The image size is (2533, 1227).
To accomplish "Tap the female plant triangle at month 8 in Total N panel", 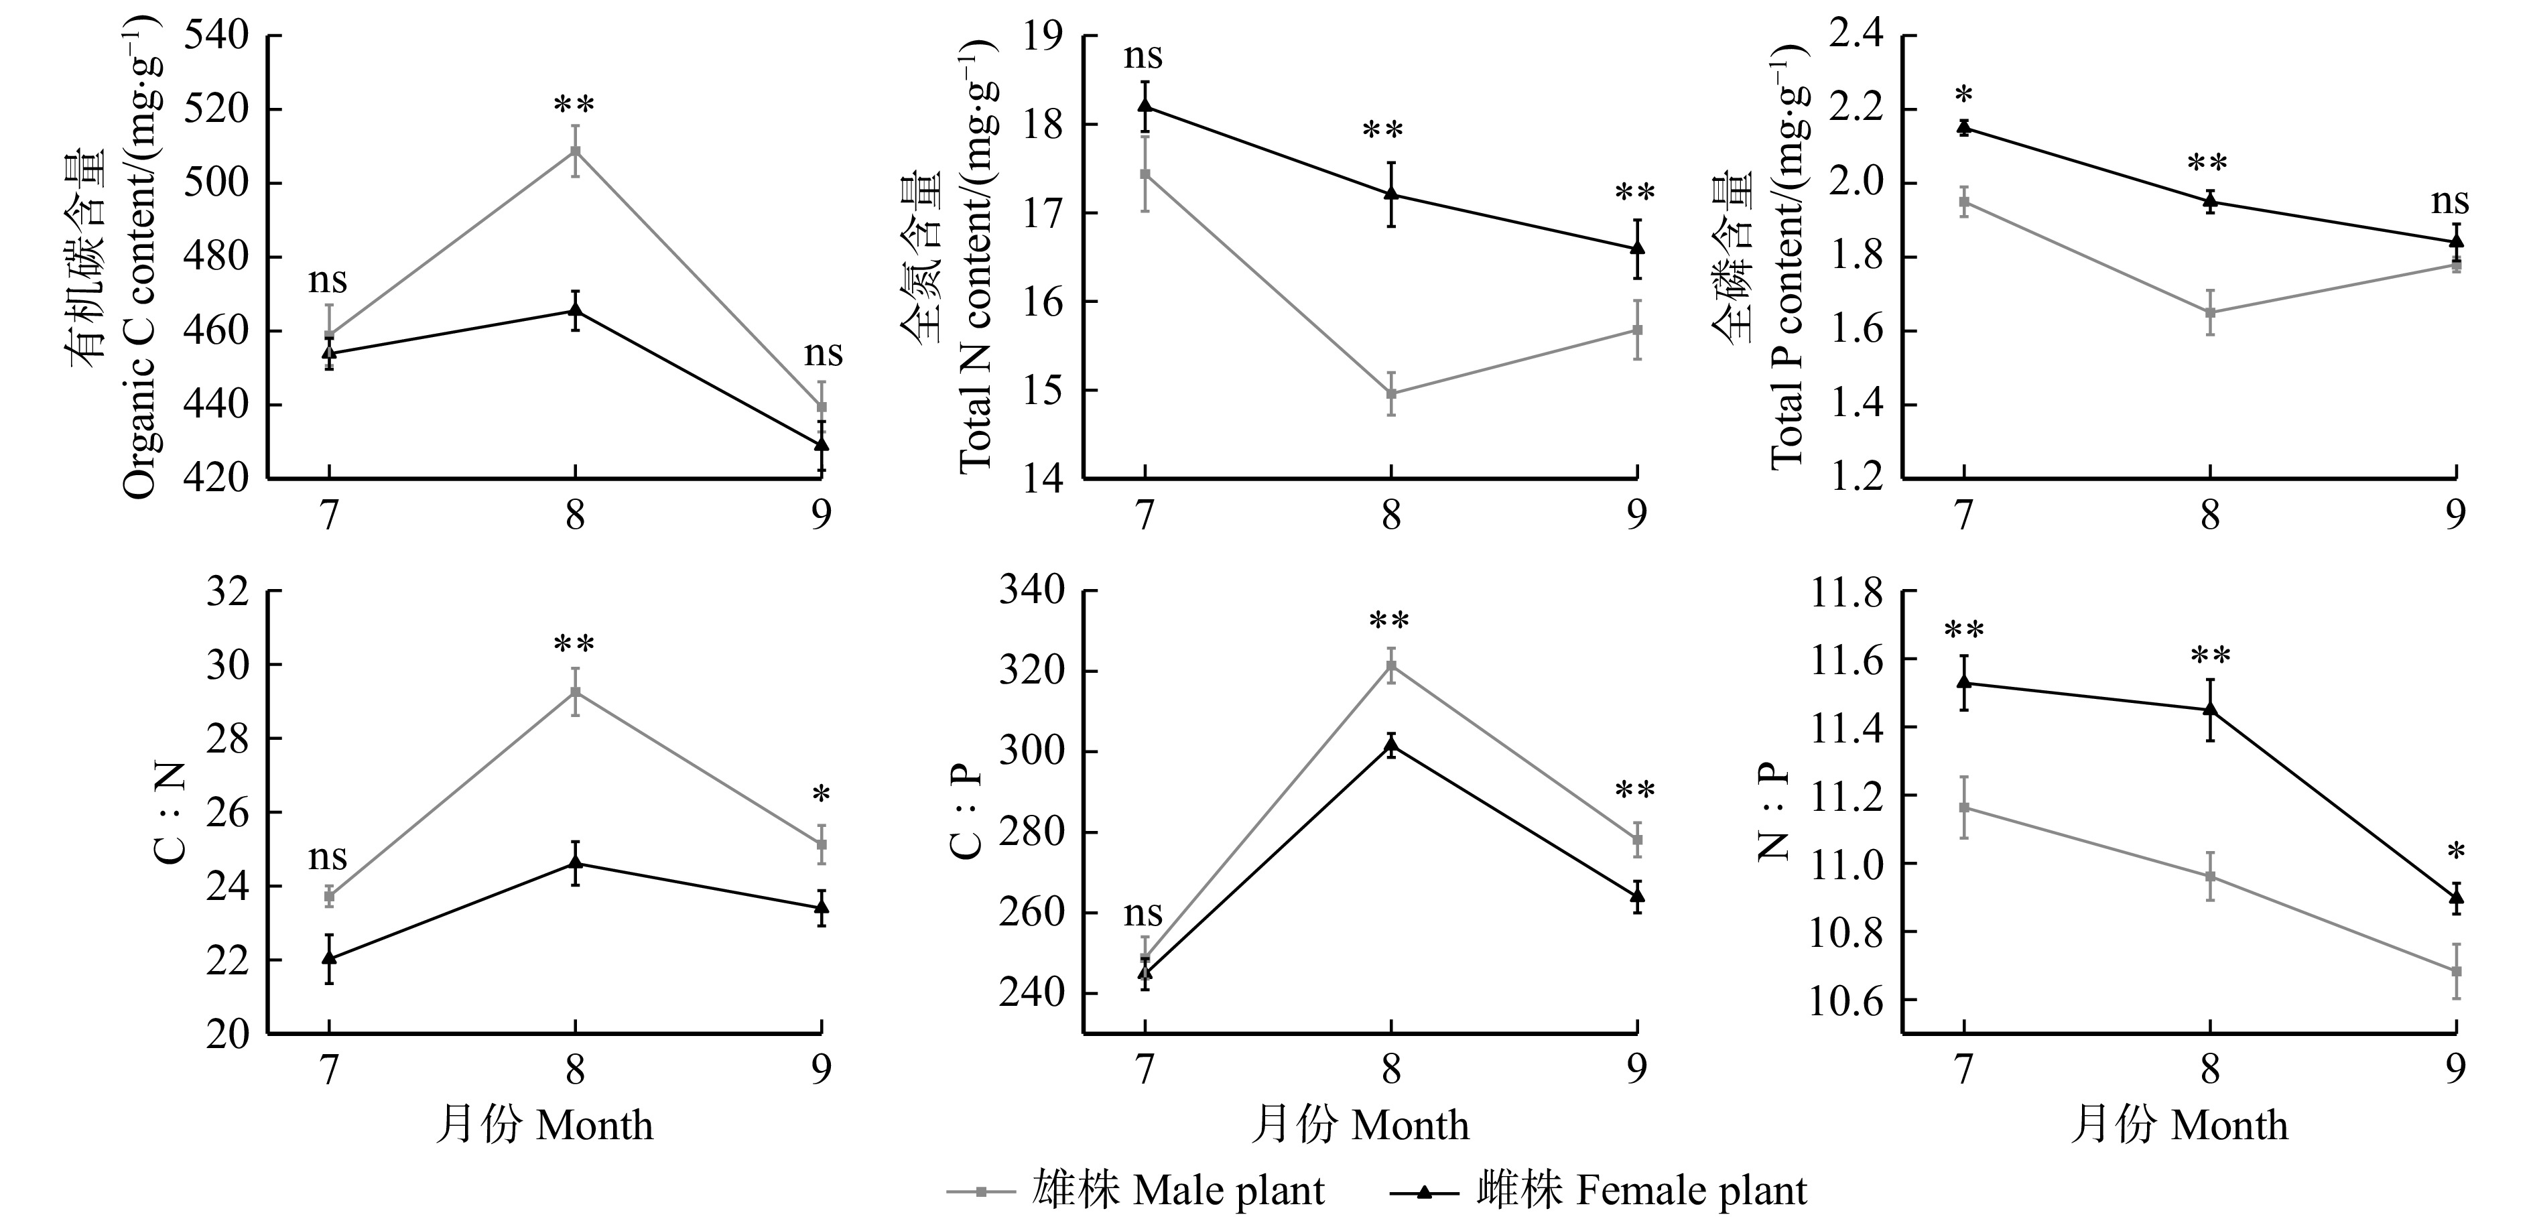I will pyautogui.click(x=1391, y=193).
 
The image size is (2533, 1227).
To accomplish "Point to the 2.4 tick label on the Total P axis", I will pyautogui.click(x=1853, y=36).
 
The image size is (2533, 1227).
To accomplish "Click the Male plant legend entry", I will pyautogui.click(x=1136, y=1191).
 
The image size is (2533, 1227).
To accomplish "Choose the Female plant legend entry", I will pyautogui.click(x=1598, y=1191).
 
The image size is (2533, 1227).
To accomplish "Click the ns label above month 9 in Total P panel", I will pyautogui.click(x=2449, y=202).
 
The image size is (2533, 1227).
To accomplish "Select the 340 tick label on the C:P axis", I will pyautogui.click(x=1033, y=591).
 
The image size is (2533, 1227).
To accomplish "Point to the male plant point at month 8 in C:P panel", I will pyautogui.click(x=1391, y=665).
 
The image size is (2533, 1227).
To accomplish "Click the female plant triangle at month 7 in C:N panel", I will pyautogui.click(x=330, y=957).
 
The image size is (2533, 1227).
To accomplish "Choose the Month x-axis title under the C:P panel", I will pyautogui.click(x=1360, y=1124).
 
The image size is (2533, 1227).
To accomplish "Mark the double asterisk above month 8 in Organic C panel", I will pyautogui.click(x=574, y=105).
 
